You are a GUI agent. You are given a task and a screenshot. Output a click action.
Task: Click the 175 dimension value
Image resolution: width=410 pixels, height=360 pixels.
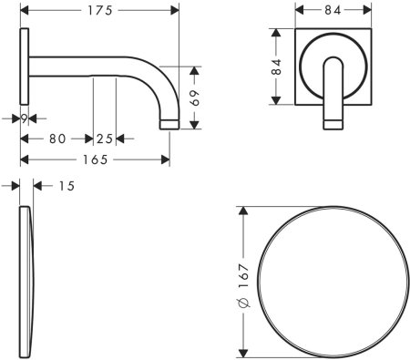pyautogui.click(x=100, y=11)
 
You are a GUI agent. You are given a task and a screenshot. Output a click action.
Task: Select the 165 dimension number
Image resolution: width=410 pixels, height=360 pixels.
pyautogui.click(x=96, y=159)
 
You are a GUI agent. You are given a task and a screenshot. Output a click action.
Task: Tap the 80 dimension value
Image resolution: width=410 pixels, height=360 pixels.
pyautogui.click(x=57, y=139)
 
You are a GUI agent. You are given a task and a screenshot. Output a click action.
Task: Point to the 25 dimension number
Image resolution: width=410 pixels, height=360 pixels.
pyautogui.click(x=105, y=139)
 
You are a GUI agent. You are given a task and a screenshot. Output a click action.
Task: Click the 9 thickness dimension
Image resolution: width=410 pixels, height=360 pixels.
pyautogui.click(x=25, y=118)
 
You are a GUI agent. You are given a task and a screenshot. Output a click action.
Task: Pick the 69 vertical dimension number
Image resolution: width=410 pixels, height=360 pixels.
pyautogui.click(x=194, y=98)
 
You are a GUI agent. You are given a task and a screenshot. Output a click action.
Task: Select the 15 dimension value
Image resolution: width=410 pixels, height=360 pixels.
pyautogui.click(x=67, y=186)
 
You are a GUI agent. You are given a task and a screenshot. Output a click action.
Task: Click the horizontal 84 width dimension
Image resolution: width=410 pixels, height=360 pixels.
pyautogui.click(x=333, y=10)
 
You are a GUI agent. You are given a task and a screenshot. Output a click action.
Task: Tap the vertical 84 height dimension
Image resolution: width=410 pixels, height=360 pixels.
pyautogui.click(x=276, y=67)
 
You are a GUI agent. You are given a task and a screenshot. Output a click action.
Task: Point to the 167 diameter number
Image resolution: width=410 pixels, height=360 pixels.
pyautogui.click(x=243, y=276)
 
